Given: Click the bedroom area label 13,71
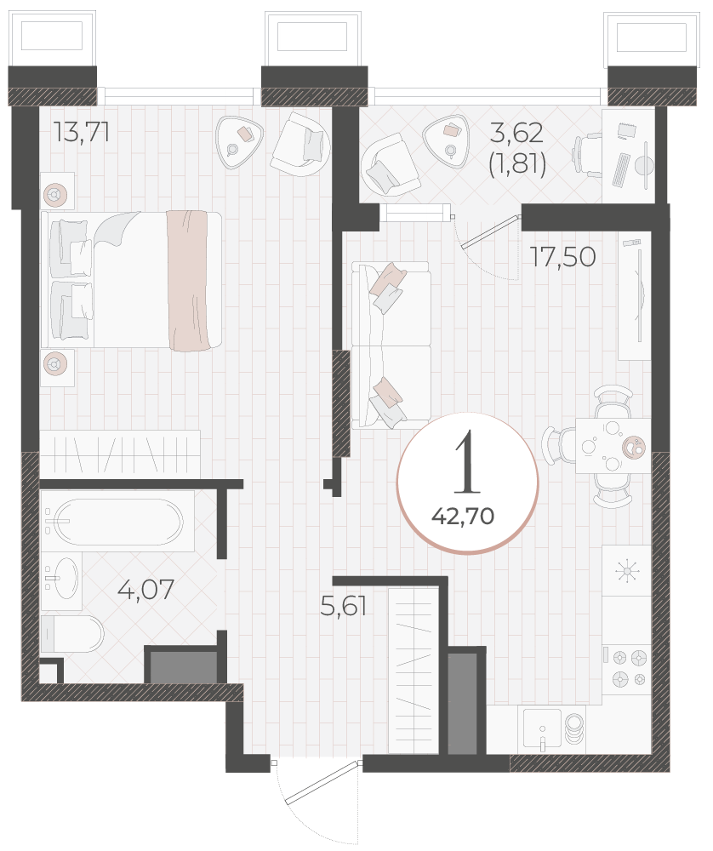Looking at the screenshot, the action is (x=82, y=132).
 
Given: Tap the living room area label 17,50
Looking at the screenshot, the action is (x=563, y=257).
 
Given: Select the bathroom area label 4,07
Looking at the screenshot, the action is (x=146, y=590).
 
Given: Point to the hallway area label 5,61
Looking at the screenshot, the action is (x=344, y=605).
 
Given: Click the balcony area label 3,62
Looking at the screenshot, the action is (x=516, y=133).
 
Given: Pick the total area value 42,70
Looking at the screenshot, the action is (x=463, y=516).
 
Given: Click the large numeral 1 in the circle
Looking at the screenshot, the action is (x=467, y=464).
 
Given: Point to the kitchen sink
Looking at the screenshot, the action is (x=543, y=730).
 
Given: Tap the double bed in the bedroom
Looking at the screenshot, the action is (x=131, y=279).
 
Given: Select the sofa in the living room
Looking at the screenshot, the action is (x=391, y=346).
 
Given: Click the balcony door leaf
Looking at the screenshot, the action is (x=490, y=231).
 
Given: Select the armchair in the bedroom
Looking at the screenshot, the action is (x=302, y=144).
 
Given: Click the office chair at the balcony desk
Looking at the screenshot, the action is (x=587, y=156).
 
